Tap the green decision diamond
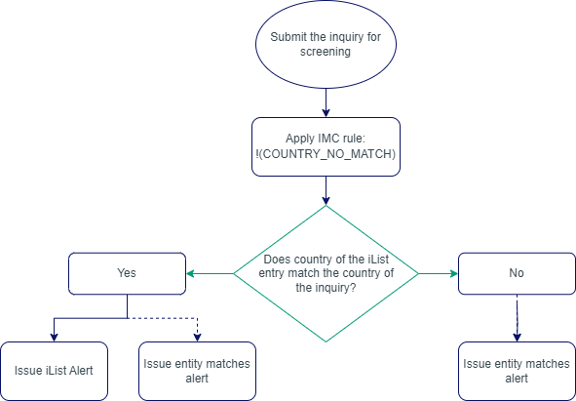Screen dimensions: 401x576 coord(326,273)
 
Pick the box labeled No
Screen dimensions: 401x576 coord(516,274)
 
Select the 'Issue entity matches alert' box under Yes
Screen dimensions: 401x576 coord(197,371)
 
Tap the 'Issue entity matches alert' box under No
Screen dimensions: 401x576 coord(516,371)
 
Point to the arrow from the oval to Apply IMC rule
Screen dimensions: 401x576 coord(326,103)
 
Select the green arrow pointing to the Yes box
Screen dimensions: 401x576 coord(210,274)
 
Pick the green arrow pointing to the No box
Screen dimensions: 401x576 coord(439,274)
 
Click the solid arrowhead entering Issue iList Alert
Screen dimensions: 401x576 coord(53,337)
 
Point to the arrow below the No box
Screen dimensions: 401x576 coord(516,318)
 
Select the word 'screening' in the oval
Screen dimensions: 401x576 coord(326,54)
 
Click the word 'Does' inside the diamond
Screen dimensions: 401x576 coord(278,260)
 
